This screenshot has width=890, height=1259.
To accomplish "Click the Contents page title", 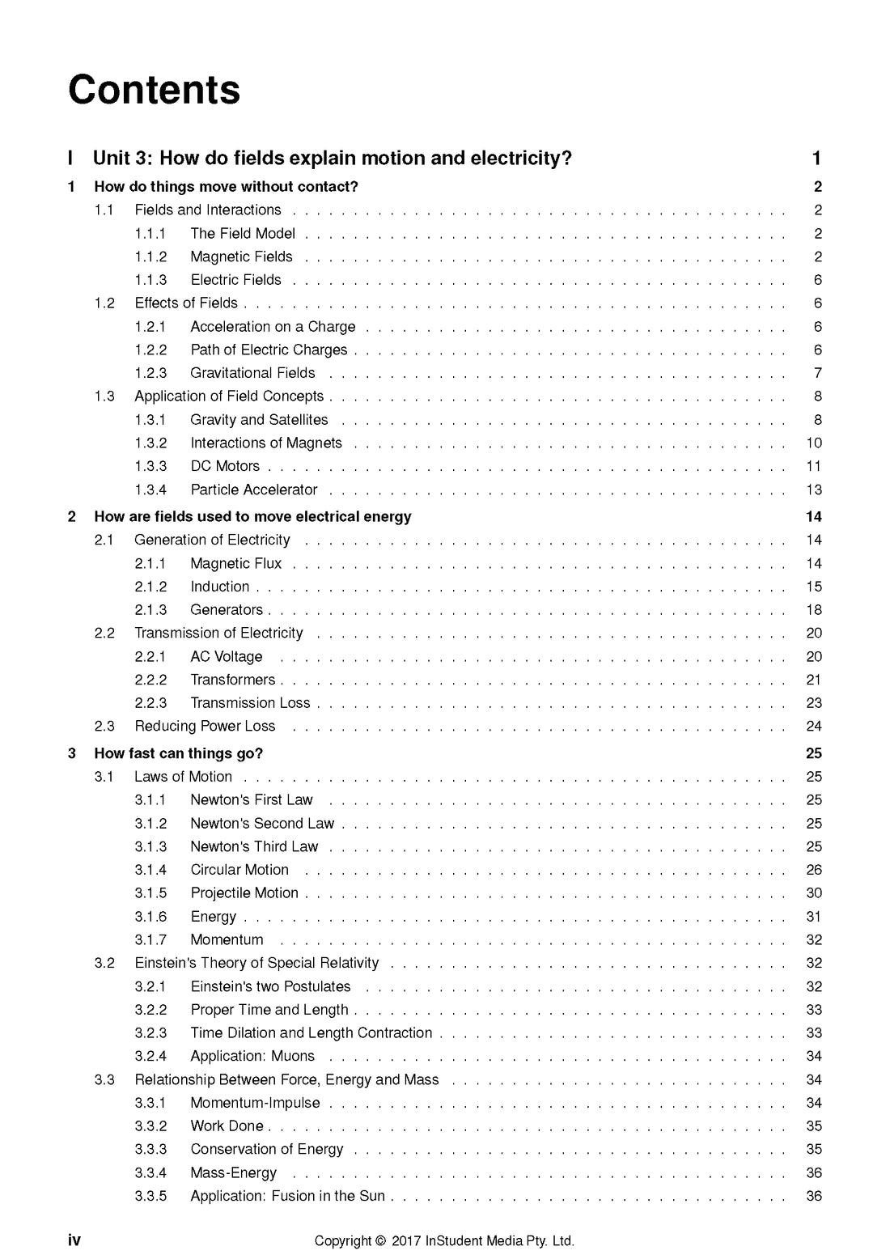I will pyautogui.click(x=154, y=90).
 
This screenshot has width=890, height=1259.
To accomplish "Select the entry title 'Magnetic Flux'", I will pyautogui.click(x=235, y=563).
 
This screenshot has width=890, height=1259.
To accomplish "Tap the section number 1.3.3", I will pyautogui.click(x=150, y=466).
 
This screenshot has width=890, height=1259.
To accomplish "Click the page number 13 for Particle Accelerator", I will pyautogui.click(x=814, y=490).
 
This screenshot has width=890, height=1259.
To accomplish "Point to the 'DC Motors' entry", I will pyautogui.click(x=225, y=466).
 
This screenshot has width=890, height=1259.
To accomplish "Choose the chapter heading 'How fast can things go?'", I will pyautogui.click(x=178, y=753).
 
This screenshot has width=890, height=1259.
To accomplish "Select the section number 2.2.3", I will pyautogui.click(x=150, y=703).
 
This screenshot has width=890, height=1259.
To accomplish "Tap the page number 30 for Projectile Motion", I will pyautogui.click(x=814, y=893).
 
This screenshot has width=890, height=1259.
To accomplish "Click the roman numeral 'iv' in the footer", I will pyautogui.click(x=74, y=1240).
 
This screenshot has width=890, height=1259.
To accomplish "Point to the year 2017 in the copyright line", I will pyautogui.click(x=405, y=1241).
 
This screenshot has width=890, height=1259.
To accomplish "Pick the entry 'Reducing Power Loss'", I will pyautogui.click(x=205, y=727).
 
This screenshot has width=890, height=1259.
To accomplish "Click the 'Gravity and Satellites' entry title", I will pyautogui.click(x=259, y=420).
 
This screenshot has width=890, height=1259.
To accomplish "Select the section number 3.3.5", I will pyautogui.click(x=150, y=1196).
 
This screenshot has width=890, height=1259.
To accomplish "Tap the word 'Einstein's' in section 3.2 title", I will pyautogui.click(x=165, y=963).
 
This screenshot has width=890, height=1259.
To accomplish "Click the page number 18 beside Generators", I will pyautogui.click(x=814, y=610).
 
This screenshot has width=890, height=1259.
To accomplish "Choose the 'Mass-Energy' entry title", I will pyautogui.click(x=233, y=1173).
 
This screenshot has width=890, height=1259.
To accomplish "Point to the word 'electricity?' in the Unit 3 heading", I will pyautogui.click(x=523, y=159).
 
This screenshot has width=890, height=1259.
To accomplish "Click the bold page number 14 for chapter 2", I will pyautogui.click(x=814, y=517).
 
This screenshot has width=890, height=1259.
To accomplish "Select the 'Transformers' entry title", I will pyautogui.click(x=232, y=680).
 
